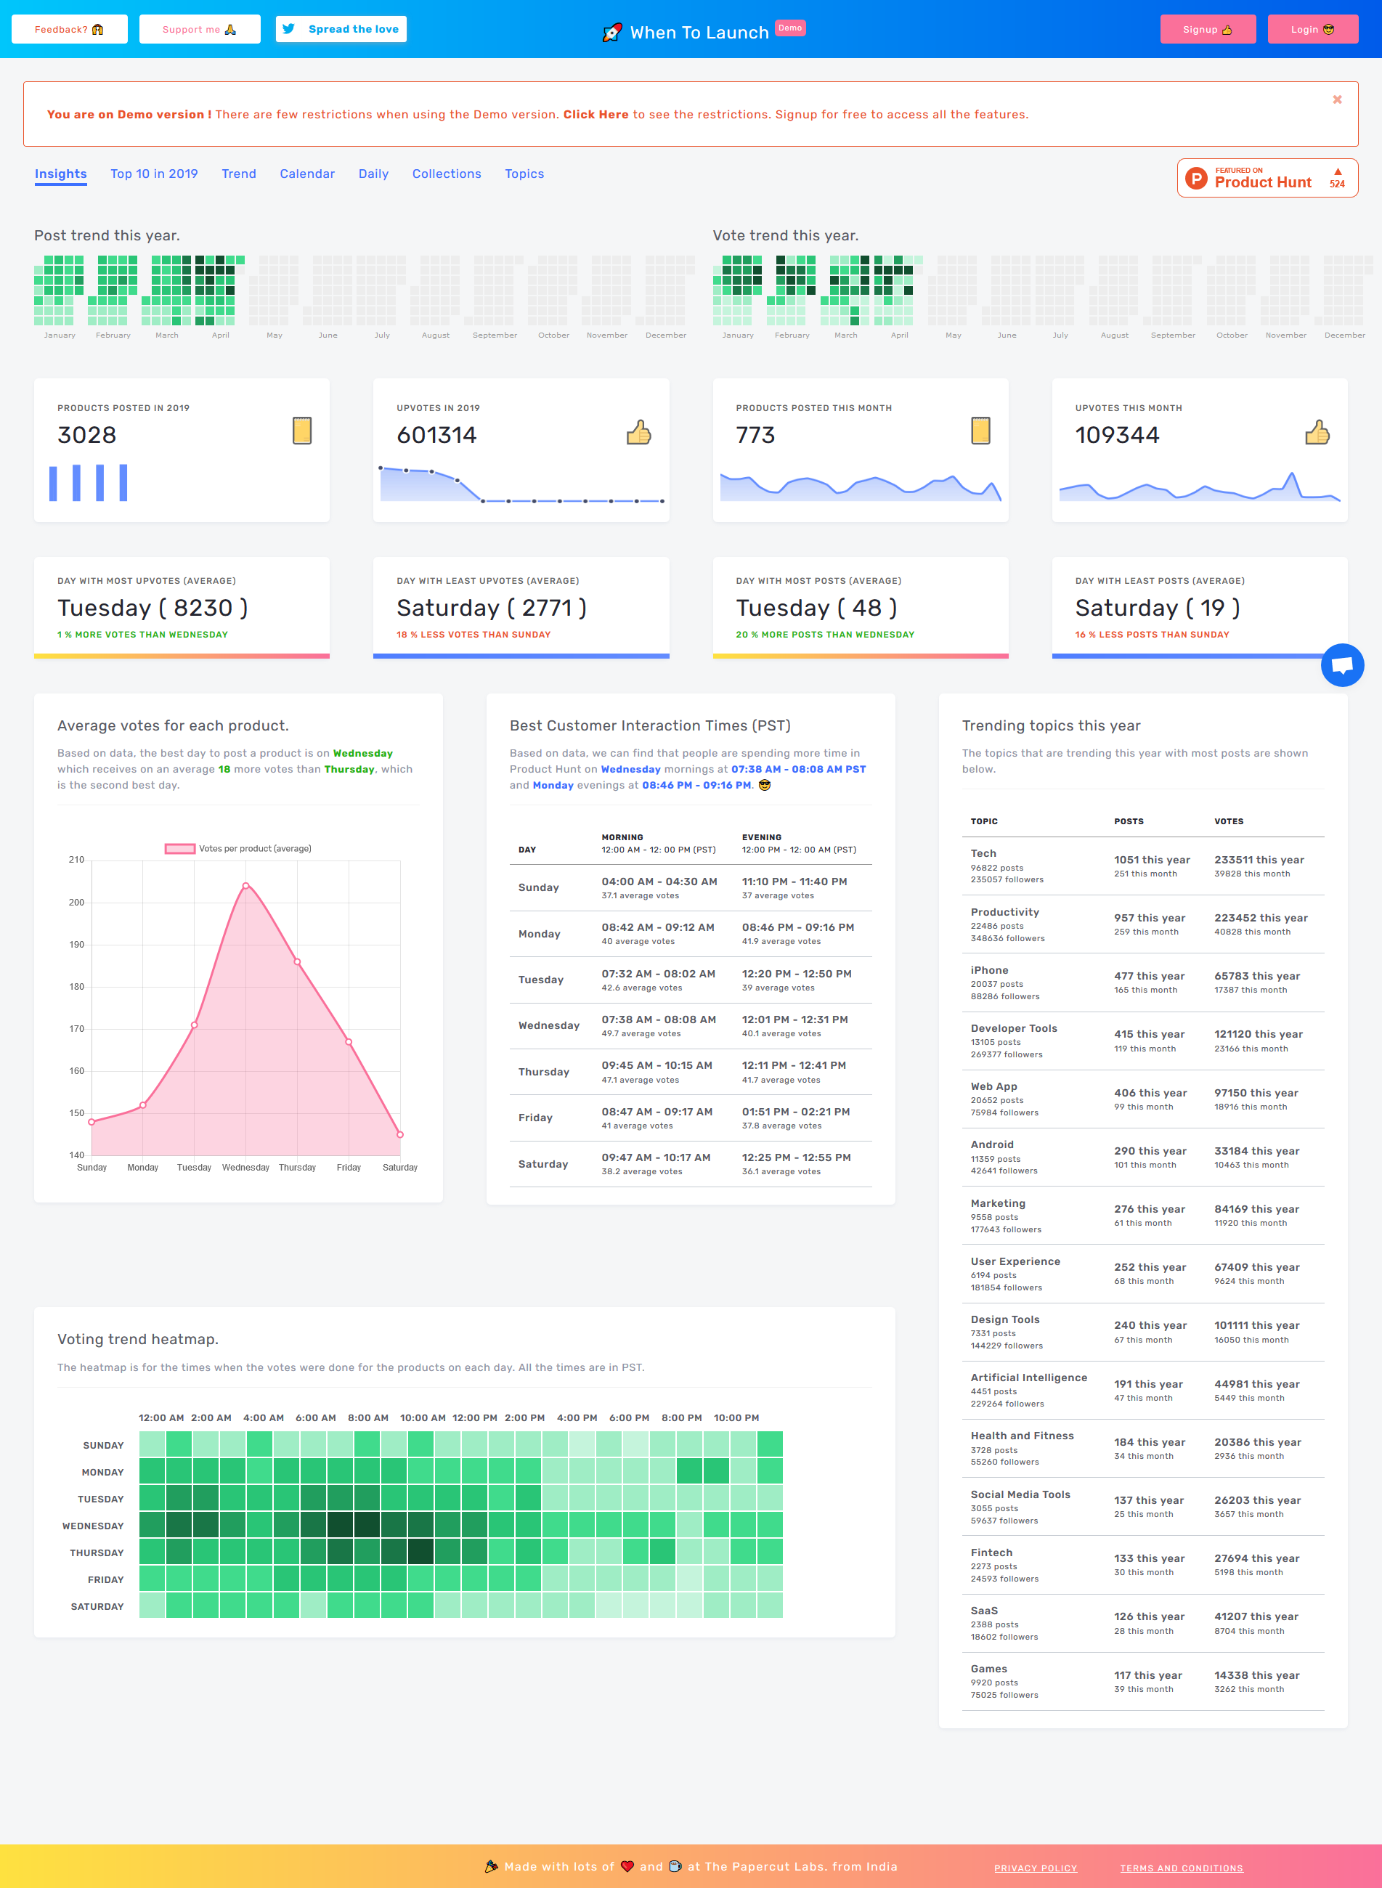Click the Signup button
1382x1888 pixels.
(1207, 29)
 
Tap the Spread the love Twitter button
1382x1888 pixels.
(341, 29)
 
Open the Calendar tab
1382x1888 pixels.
(307, 174)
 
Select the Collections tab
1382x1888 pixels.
(447, 174)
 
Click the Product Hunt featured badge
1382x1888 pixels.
(1267, 178)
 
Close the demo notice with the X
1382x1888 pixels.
(1337, 100)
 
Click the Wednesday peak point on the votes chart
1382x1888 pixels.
(246, 885)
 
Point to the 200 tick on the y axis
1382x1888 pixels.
(77, 903)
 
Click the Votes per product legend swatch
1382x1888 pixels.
(180, 848)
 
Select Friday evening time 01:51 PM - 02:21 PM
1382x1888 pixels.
(795, 1112)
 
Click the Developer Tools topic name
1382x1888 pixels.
(1014, 1028)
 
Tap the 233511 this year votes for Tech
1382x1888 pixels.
(1259, 860)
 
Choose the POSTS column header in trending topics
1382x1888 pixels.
(1129, 821)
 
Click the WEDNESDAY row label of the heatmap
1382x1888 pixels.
(93, 1526)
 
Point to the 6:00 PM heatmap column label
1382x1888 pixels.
(629, 1418)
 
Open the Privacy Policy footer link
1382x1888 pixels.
(1036, 1868)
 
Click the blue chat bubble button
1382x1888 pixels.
(1342, 665)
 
